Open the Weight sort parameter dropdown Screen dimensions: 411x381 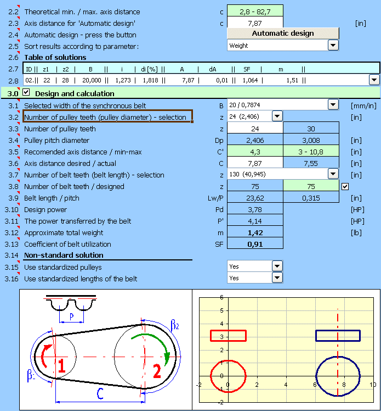(x=333, y=46)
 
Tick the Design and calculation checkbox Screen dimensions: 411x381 (x=26, y=93)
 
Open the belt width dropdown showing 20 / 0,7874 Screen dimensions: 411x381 (x=333, y=104)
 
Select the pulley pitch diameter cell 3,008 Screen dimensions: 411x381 (x=311, y=140)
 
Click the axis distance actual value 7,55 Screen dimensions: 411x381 (x=311, y=163)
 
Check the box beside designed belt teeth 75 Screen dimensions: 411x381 (x=344, y=186)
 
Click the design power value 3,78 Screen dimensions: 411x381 (x=255, y=209)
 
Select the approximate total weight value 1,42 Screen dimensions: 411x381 (x=255, y=232)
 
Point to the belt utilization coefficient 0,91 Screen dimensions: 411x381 (x=255, y=244)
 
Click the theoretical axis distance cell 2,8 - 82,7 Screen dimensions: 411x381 (x=255, y=12)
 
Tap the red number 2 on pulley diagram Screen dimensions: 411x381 (x=156, y=372)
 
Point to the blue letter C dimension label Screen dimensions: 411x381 (x=99, y=394)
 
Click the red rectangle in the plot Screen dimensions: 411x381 (x=228, y=336)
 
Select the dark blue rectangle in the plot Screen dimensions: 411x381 (x=338, y=336)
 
